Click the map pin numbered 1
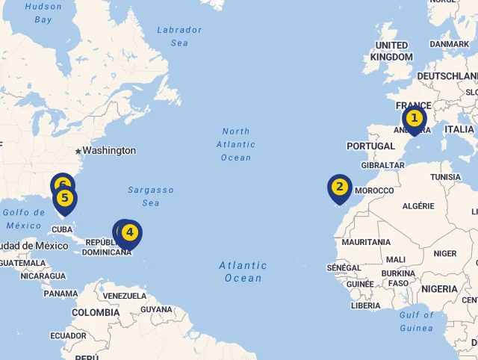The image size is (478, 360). [x=414, y=120]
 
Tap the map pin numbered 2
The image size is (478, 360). [x=340, y=187]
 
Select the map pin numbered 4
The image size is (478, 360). [x=130, y=233]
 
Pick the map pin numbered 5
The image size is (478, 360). [x=65, y=199]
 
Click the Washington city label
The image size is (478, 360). [x=109, y=151]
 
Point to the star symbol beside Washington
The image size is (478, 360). [x=78, y=152]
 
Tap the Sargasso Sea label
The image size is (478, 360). [x=150, y=196]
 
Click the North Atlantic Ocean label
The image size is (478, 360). [x=236, y=144]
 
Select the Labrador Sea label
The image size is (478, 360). [x=179, y=37]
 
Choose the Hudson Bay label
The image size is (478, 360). [x=43, y=13]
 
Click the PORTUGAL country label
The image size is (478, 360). [x=370, y=146]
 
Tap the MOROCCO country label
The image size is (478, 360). [x=373, y=191]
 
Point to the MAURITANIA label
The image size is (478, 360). [x=366, y=242]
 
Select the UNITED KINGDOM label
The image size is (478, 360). [x=391, y=51]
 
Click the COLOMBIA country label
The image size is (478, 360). [x=96, y=312]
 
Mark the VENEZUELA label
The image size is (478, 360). [x=125, y=296]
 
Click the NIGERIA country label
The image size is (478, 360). [x=439, y=289]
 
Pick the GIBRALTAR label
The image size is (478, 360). [x=382, y=165]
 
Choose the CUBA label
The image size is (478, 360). [x=62, y=229]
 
